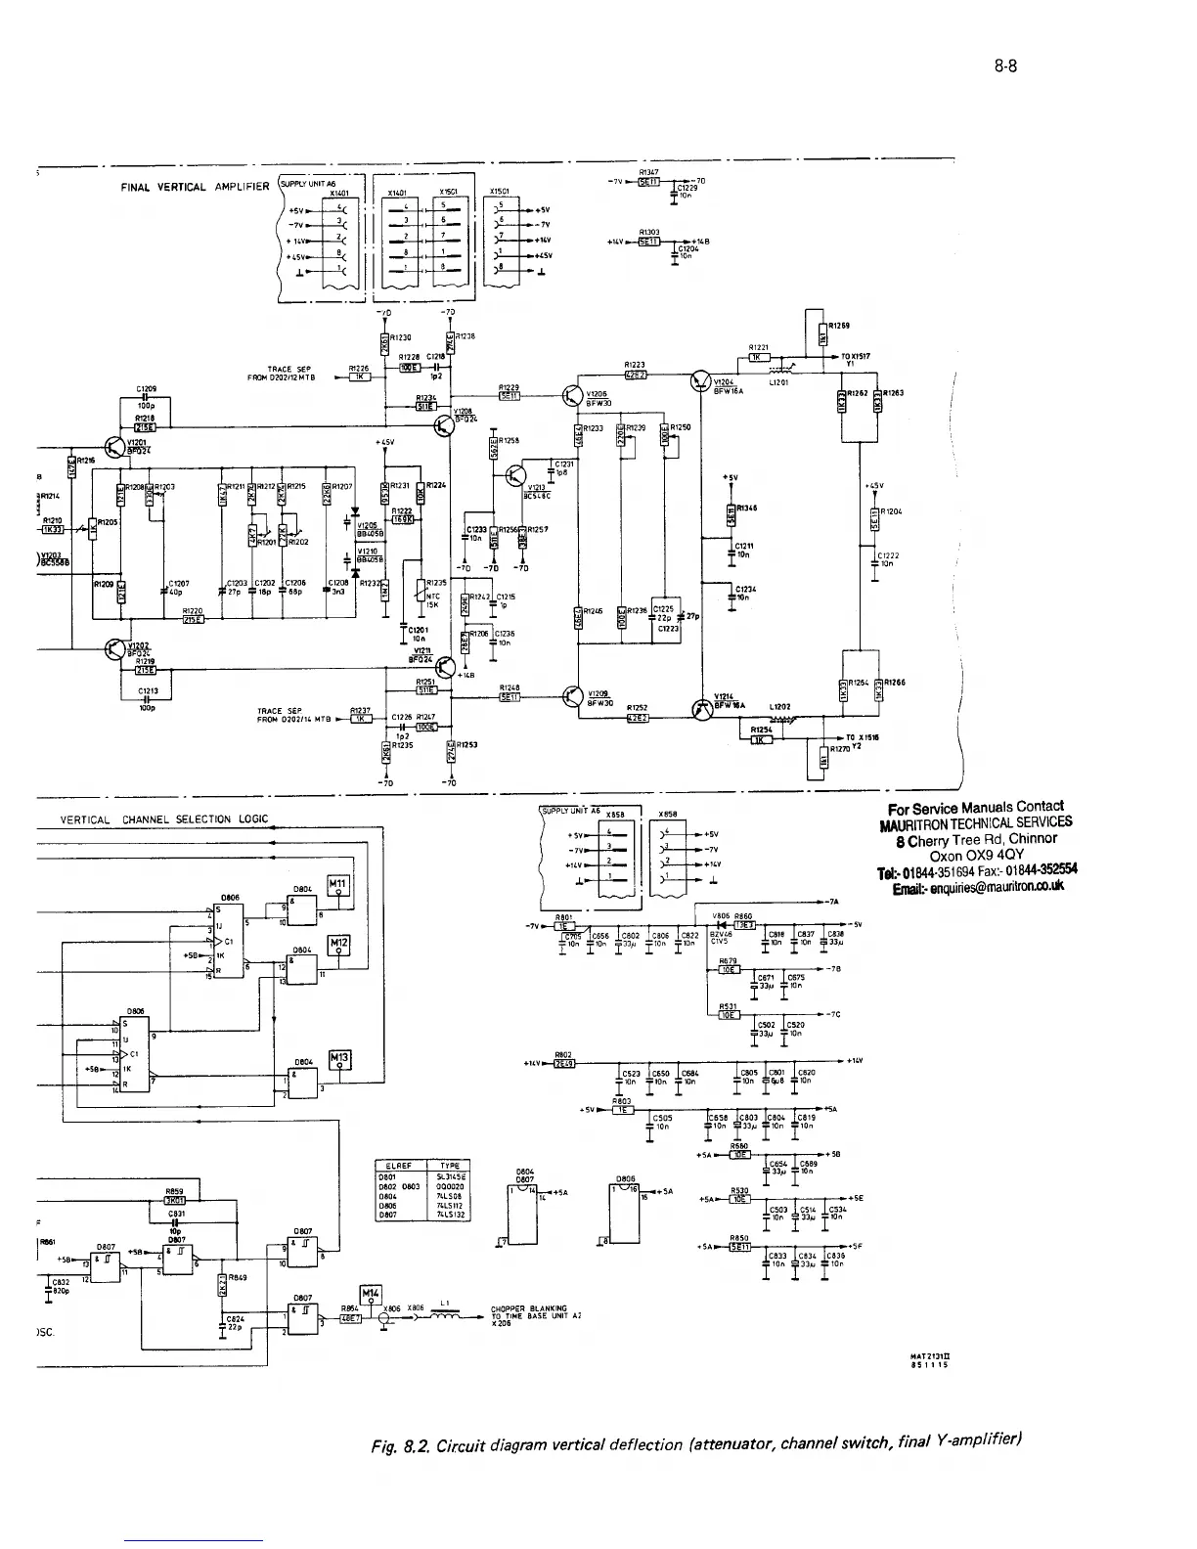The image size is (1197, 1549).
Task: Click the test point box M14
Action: (x=374, y=1293)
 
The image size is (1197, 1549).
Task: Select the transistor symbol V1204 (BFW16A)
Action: (x=702, y=381)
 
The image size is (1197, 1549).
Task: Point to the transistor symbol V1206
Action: (x=572, y=396)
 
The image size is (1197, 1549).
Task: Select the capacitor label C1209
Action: (x=149, y=388)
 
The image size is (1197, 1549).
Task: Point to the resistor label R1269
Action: (x=838, y=326)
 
